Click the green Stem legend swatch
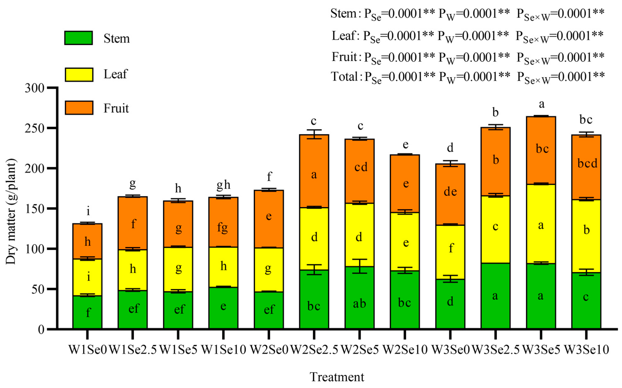tap(79, 38)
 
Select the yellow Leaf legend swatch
tap(79, 75)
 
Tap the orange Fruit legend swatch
tap(79, 108)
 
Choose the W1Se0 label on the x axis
tap(88, 350)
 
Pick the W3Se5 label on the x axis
tap(541, 350)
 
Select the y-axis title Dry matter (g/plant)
tap(11, 212)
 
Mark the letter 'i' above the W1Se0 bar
tap(88, 211)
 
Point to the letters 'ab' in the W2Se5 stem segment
tap(359, 304)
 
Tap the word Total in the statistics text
tap(344, 77)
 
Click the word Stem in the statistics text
tap(343, 13)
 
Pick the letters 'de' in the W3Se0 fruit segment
tap(450, 192)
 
